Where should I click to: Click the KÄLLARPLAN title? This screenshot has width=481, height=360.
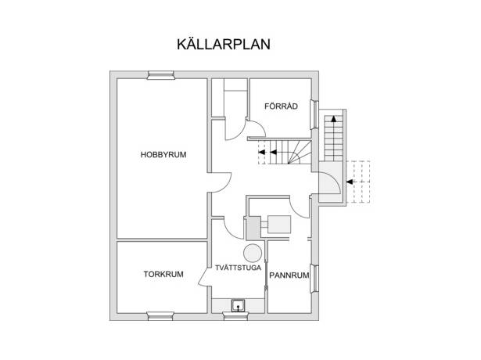(224, 44)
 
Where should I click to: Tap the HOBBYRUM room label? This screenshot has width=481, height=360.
(163, 155)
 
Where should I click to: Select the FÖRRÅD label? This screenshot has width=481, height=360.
(281, 106)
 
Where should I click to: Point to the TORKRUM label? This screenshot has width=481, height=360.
(163, 274)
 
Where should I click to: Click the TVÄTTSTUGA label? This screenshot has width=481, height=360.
(238, 268)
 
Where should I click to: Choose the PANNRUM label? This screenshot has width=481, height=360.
(289, 275)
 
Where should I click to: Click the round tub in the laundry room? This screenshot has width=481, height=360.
(253, 254)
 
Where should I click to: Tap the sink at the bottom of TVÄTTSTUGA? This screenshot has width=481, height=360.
(238, 306)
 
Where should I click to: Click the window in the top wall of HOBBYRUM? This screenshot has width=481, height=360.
(161, 75)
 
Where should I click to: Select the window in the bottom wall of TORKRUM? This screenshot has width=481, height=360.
(160, 316)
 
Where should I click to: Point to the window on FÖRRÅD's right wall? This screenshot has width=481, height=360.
(314, 115)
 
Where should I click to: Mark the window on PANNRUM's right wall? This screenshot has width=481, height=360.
(314, 279)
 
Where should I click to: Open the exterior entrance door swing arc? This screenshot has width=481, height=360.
(335, 181)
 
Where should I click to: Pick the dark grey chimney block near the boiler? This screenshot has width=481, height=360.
(253, 228)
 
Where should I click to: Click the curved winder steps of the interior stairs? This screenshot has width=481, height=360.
(299, 153)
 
